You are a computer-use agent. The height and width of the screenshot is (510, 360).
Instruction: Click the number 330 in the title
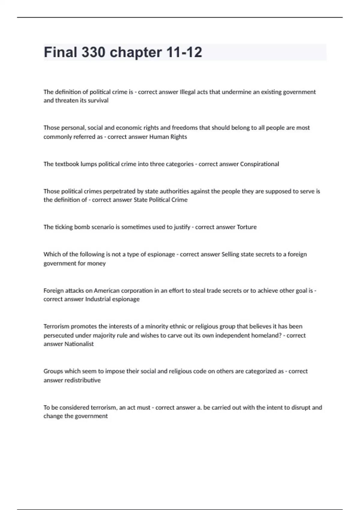pyautogui.click(x=93, y=52)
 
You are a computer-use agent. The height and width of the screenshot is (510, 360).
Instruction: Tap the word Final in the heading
pyautogui.click(x=61, y=52)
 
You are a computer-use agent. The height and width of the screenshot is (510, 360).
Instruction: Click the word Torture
pyautogui.click(x=247, y=227)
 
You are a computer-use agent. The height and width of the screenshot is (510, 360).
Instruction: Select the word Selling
pyautogui.click(x=230, y=254)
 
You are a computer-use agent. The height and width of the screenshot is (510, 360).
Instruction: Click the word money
pyautogui.click(x=96, y=263)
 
